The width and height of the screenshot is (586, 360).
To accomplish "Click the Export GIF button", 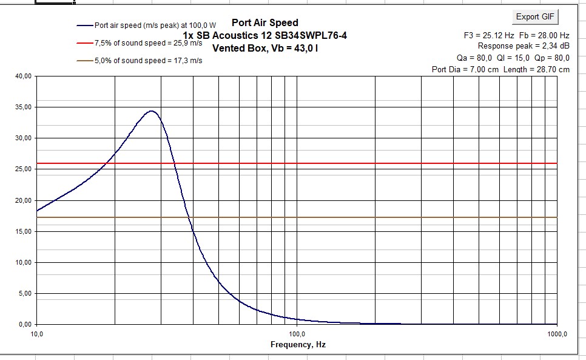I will pos(534,16).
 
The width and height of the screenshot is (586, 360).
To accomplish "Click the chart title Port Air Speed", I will pos(265,23).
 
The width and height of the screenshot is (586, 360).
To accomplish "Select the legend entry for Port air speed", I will pos(155,25).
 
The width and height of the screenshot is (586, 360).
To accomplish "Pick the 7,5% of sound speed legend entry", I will pos(148,43).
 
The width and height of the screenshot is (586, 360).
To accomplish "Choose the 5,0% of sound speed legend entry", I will pos(148,61).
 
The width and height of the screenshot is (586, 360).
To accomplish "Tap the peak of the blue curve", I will pos(151,111).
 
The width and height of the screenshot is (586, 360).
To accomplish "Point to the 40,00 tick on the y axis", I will pos(23,76).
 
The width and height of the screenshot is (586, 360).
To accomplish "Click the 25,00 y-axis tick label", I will pos(23,169).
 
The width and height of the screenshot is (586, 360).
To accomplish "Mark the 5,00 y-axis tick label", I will pos(25,294).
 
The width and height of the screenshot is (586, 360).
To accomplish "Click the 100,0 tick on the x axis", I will pos(297,334).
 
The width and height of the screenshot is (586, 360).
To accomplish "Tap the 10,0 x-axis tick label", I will pos(37,334).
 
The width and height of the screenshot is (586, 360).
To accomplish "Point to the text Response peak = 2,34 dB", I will pos(524,46).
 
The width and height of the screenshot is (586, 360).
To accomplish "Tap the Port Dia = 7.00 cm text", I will pos(465,69).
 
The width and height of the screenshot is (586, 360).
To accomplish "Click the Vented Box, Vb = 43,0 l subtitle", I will pos(265,47).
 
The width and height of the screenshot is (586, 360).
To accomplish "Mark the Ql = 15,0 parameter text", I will pos(513,58).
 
